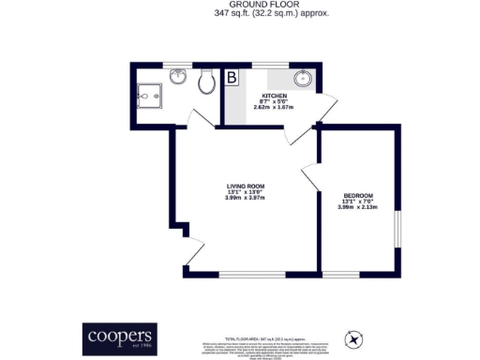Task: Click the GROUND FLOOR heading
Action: click(x=240, y=5)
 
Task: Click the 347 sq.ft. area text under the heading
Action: click(x=240, y=14)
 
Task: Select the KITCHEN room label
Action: click(x=275, y=97)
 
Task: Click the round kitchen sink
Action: click(x=304, y=78)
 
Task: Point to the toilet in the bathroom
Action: click(x=208, y=82)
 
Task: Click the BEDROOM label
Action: click(x=357, y=194)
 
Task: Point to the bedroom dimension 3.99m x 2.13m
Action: click(x=357, y=207)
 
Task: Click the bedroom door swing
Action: click(x=308, y=176)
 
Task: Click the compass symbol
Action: click(x=356, y=337)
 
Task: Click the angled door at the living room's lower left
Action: click(x=194, y=251)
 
